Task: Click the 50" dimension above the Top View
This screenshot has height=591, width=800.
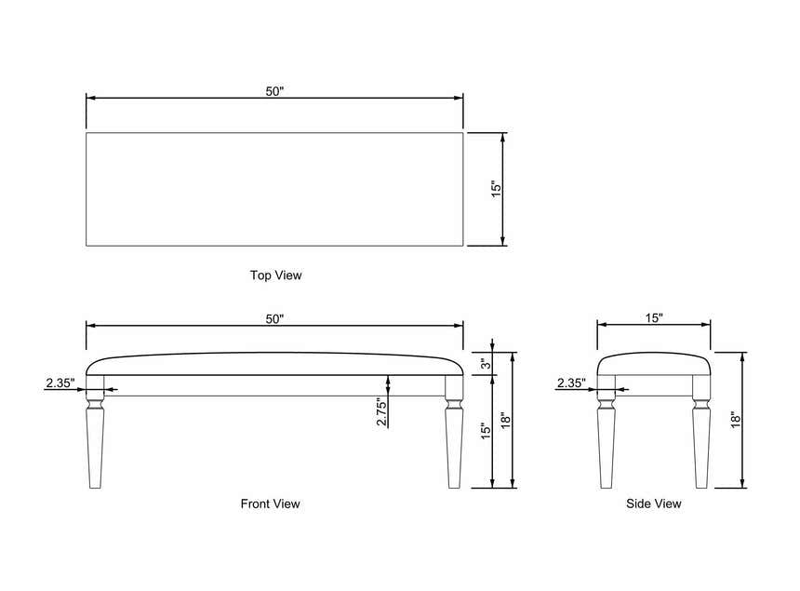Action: [274, 91]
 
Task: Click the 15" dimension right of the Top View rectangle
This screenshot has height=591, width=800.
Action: [497, 189]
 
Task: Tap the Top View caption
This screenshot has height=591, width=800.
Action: [276, 275]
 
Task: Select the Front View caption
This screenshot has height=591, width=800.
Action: [271, 504]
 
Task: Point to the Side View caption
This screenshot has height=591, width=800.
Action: [654, 504]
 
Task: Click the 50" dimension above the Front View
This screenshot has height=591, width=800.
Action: [274, 319]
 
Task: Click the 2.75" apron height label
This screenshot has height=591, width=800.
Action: [381, 411]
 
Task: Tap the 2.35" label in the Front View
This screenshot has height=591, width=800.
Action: [60, 383]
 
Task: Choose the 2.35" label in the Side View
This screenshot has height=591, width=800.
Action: [571, 383]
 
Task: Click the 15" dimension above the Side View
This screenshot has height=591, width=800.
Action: [654, 318]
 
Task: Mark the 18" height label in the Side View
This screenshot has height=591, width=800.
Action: [735, 420]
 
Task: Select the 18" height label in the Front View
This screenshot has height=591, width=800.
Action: [505, 421]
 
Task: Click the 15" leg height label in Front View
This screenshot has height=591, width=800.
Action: [486, 431]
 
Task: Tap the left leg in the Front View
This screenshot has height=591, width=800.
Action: [96, 432]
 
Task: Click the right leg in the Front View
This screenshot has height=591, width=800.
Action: [454, 432]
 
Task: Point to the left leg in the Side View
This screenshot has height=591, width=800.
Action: [607, 432]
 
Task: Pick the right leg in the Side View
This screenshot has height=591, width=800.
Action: [701, 432]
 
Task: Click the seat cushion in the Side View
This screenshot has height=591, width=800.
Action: [654, 364]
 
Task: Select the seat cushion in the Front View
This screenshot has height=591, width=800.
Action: [274, 364]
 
